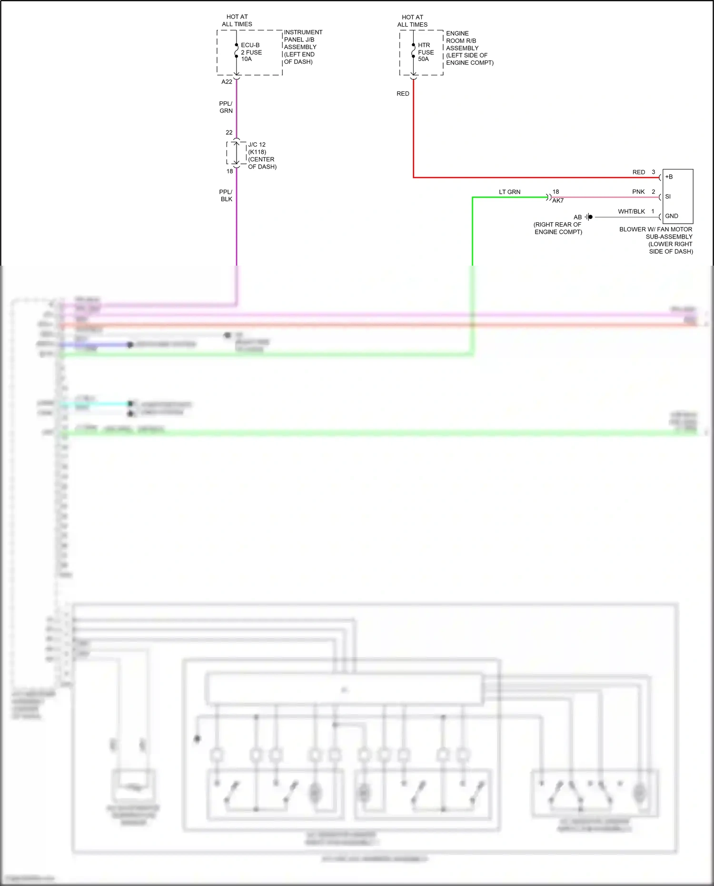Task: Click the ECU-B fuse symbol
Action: [x=237, y=51]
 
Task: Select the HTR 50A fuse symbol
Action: [x=413, y=51]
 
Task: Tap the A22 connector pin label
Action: [x=227, y=82]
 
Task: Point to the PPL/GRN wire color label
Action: [x=226, y=107]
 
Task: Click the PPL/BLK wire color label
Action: [x=226, y=196]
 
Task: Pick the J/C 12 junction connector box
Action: [x=237, y=153]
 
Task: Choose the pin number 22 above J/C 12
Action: [x=229, y=133]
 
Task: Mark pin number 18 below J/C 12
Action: [x=229, y=171]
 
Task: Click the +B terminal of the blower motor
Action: [x=669, y=177]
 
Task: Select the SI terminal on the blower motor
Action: [x=668, y=197]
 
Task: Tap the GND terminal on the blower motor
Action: [x=672, y=216]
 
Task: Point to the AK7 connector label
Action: [x=558, y=201]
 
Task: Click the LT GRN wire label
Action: [x=509, y=192]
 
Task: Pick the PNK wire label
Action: [x=638, y=192]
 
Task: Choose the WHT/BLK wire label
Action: [x=631, y=211]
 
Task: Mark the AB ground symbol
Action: [x=589, y=217]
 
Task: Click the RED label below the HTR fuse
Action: [x=403, y=94]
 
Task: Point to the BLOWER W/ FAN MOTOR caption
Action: [x=656, y=229]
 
